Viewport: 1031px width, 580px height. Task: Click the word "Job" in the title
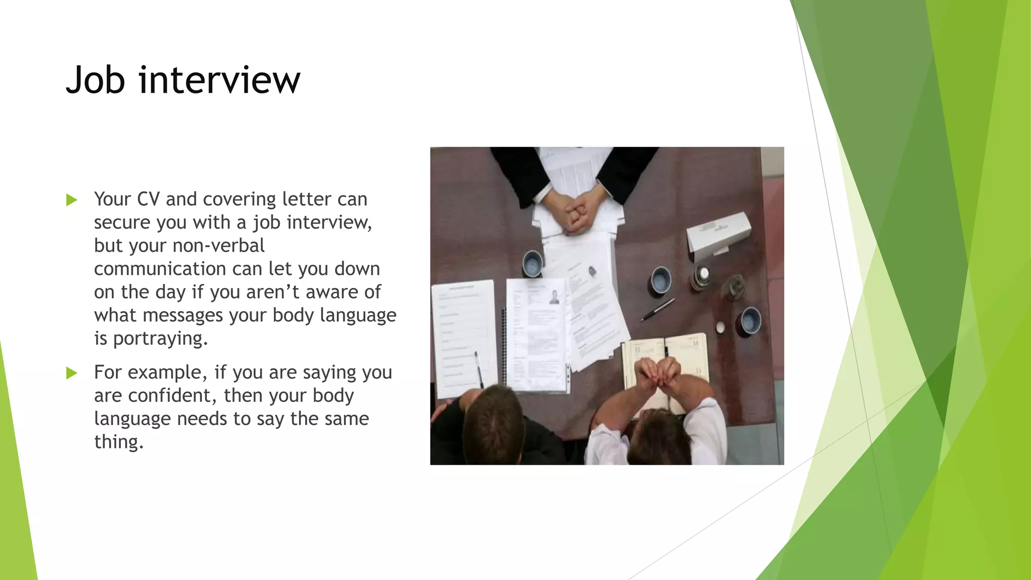pos(95,81)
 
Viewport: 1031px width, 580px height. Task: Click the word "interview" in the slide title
pos(219,81)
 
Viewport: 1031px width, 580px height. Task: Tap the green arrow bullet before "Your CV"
pos(72,200)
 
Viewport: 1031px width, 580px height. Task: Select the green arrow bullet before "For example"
pos(72,373)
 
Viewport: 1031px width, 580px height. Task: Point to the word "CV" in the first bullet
pos(148,199)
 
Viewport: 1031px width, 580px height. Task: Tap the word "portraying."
pos(160,338)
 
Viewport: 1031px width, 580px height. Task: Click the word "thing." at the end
pos(119,442)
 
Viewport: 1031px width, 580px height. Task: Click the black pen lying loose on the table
pos(657,309)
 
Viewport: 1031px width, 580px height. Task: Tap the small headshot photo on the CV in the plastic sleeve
pos(554,297)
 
